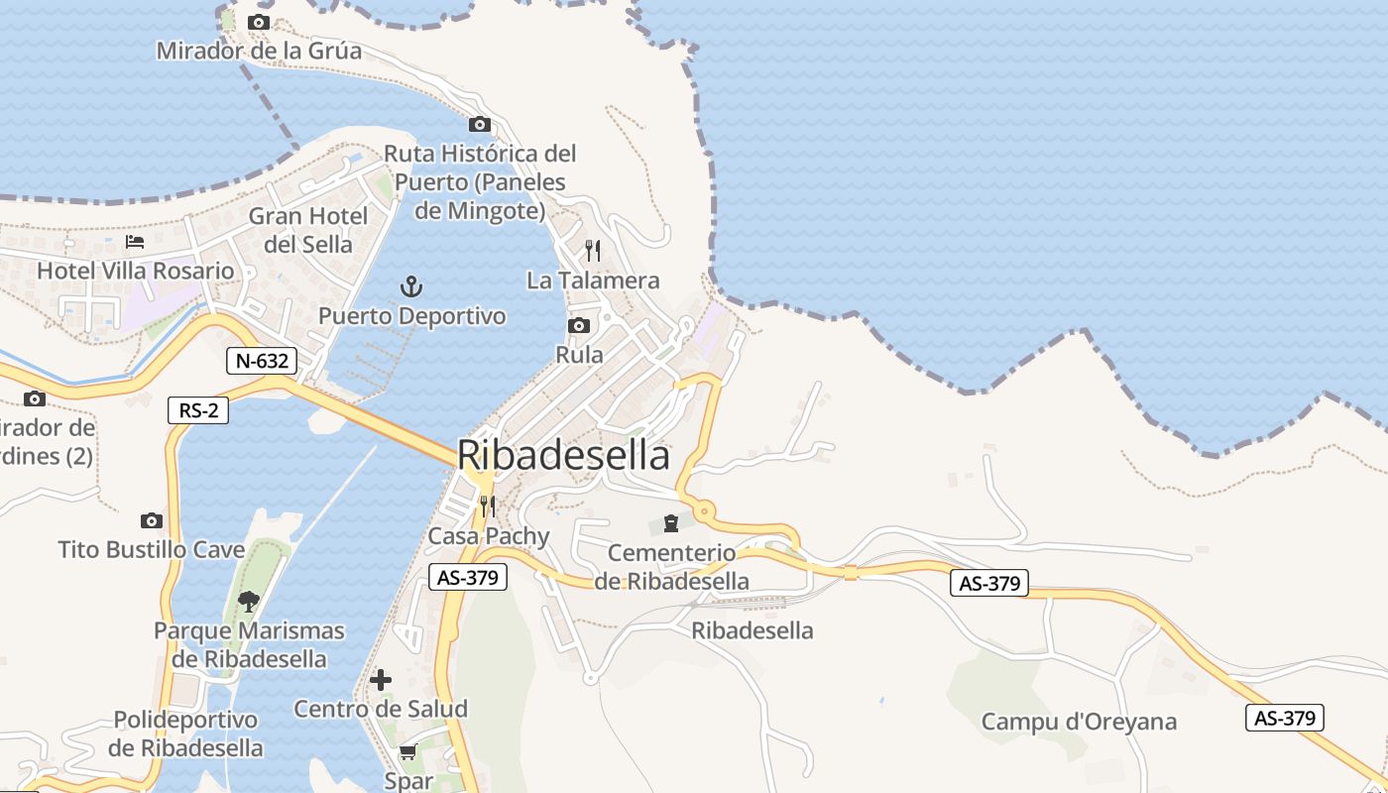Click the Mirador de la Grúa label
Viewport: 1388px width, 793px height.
tap(259, 50)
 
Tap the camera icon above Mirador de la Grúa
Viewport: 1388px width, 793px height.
tap(259, 22)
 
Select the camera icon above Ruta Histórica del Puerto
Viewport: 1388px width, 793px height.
tap(480, 124)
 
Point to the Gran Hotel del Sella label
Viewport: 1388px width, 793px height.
tap(308, 230)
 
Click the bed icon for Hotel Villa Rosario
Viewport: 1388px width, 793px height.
tap(135, 242)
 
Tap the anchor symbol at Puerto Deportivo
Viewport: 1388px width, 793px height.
tap(411, 287)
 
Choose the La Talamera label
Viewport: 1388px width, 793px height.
tap(593, 281)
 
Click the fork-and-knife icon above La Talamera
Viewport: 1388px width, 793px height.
tap(593, 250)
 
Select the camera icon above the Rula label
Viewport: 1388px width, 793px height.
tap(579, 325)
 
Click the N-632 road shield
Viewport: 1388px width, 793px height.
tap(262, 361)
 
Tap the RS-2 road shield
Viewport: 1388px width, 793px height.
tap(198, 409)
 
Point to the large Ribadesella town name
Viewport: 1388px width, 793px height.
tap(563, 456)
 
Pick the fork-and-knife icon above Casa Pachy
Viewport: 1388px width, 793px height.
tap(487, 507)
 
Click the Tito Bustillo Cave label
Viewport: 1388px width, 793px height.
tap(152, 549)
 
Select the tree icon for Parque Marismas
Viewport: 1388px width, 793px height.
tap(249, 601)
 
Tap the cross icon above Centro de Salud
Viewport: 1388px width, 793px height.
tap(381, 680)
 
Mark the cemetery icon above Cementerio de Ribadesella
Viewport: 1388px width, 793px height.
tap(671, 522)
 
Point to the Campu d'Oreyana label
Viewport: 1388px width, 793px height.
tap(1079, 722)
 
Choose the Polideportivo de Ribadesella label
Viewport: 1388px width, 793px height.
tap(185, 734)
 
